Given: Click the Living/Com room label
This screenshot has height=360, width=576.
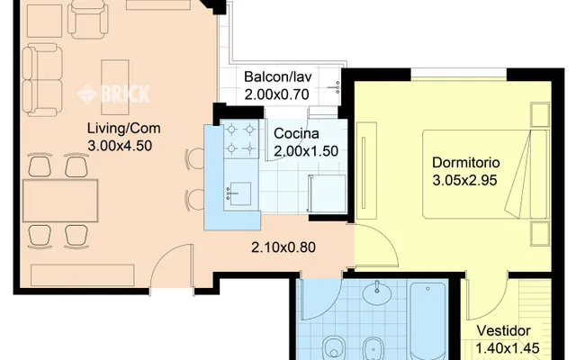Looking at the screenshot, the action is coord(124,129).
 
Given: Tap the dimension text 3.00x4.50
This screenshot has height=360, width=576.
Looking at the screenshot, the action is coord(120,146).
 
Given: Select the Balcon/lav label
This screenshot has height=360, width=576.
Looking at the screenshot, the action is coord(278,76).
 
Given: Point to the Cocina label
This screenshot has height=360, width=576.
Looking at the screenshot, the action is coord(296,133).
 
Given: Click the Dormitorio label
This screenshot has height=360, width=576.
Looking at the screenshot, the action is coord(466,162).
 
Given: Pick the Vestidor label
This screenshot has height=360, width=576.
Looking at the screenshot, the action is coord(503,330).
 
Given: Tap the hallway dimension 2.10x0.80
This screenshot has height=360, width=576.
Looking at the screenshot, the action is coord(283,247).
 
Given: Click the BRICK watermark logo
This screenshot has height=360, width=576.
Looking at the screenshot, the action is coord(114,94).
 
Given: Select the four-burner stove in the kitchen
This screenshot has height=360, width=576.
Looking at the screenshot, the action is coord(240,139).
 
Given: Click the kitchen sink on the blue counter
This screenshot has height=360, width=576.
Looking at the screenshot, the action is coord(238,193).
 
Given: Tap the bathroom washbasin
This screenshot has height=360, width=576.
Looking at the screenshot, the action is coord(377,293).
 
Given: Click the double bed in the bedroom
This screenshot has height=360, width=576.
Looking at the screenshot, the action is coord(486,174).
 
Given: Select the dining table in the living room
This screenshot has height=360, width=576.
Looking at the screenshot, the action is coord(60,201).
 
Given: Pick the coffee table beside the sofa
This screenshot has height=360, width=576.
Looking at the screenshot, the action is coord(115,87).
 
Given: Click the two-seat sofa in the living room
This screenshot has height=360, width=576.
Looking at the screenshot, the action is coord(41,80).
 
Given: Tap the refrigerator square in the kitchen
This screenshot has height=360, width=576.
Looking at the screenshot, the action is coord(327,193).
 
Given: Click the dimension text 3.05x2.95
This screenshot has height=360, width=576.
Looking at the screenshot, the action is coord(464,180).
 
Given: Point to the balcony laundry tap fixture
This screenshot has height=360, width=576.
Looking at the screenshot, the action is coord(335,88).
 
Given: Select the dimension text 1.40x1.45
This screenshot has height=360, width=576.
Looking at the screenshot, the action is coord(508,348).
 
